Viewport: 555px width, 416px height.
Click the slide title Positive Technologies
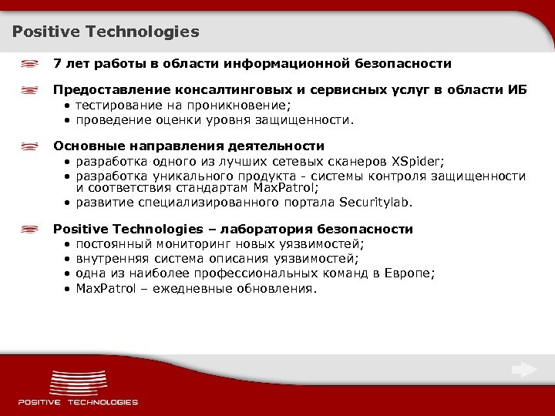[x=106, y=32]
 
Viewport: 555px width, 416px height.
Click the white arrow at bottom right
[x=525, y=369]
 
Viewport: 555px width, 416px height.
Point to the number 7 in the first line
[x=56, y=63]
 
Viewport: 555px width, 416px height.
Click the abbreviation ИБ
[x=517, y=90]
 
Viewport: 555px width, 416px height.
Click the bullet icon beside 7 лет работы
[x=31, y=63]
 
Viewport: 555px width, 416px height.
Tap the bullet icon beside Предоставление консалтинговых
[x=31, y=90]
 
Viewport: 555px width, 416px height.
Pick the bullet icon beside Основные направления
[x=31, y=146]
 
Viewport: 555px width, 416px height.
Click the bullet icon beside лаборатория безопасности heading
[x=31, y=230]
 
